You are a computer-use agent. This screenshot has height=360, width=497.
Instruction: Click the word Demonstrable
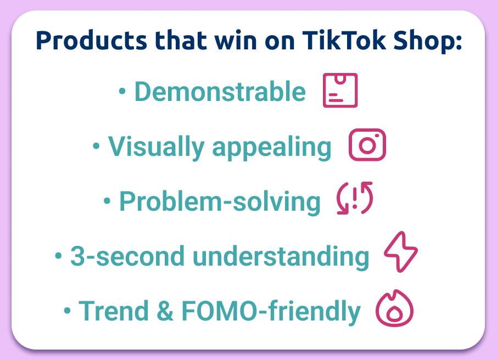point(220,92)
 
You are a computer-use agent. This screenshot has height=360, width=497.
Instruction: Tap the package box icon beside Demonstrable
point(340,91)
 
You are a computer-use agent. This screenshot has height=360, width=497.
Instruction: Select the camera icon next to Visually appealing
point(367,145)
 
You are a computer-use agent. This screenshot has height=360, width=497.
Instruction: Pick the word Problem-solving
point(220,202)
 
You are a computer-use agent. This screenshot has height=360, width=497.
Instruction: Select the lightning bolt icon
point(400,253)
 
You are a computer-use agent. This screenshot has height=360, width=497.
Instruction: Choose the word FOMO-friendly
point(271,311)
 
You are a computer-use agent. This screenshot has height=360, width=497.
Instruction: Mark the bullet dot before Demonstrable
point(122,92)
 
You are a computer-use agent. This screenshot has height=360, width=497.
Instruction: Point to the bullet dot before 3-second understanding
point(58,256)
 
